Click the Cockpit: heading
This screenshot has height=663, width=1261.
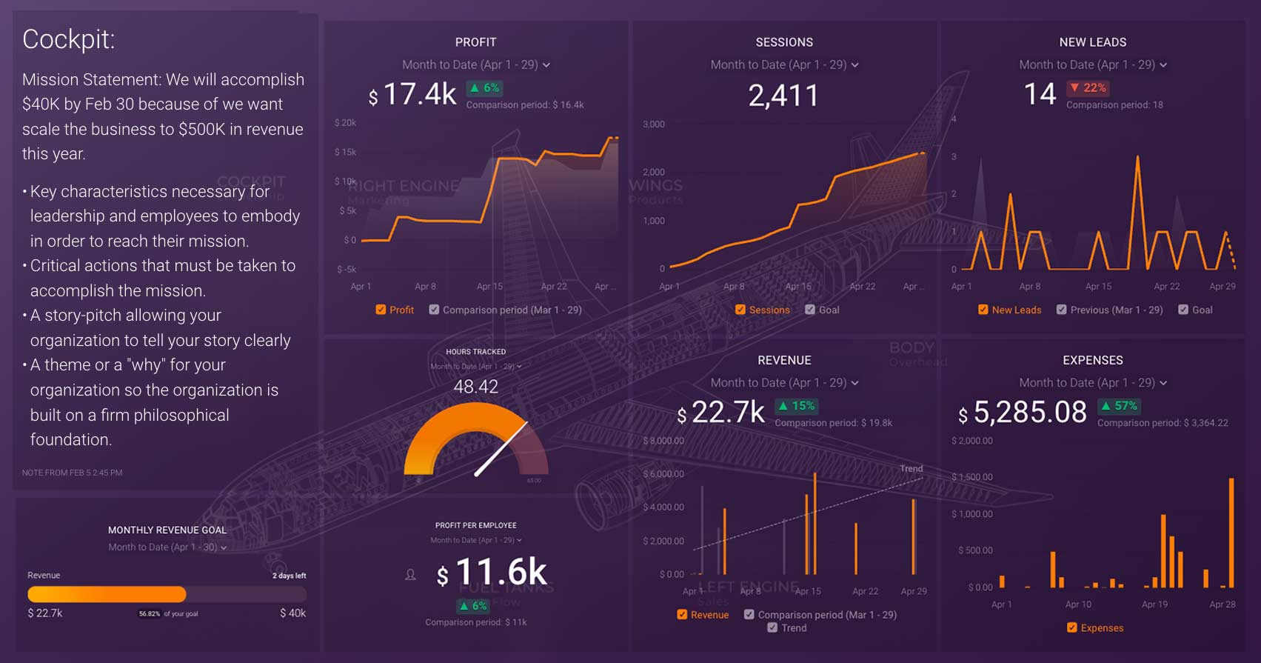(x=68, y=39)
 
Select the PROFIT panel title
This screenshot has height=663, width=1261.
(x=475, y=42)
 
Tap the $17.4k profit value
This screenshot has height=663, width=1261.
(x=412, y=95)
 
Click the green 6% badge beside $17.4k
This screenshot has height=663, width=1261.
(x=484, y=87)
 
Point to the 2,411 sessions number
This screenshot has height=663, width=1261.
(x=783, y=96)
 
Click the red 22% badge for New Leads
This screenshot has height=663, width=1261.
(x=1088, y=87)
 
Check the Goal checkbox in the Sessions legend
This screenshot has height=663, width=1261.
(x=810, y=310)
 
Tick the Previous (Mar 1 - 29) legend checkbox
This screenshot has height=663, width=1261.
(x=1062, y=310)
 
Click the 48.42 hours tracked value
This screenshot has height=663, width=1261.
(x=475, y=386)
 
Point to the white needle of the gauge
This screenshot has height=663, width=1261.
(x=501, y=448)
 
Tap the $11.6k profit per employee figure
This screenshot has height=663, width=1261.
(x=492, y=573)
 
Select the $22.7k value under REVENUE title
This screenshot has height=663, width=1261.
(x=720, y=413)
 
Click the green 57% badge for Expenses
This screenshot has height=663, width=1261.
(x=1119, y=406)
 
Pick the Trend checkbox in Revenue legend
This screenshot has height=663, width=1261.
(x=772, y=627)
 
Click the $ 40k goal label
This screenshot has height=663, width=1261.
(x=292, y=613)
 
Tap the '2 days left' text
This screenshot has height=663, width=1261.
(x=289, y=576)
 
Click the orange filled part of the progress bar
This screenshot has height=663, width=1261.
(x=107, y=594)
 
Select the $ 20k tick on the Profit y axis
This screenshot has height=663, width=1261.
(x=345, y=123)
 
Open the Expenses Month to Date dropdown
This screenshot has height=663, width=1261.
(x=1092, y=383)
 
